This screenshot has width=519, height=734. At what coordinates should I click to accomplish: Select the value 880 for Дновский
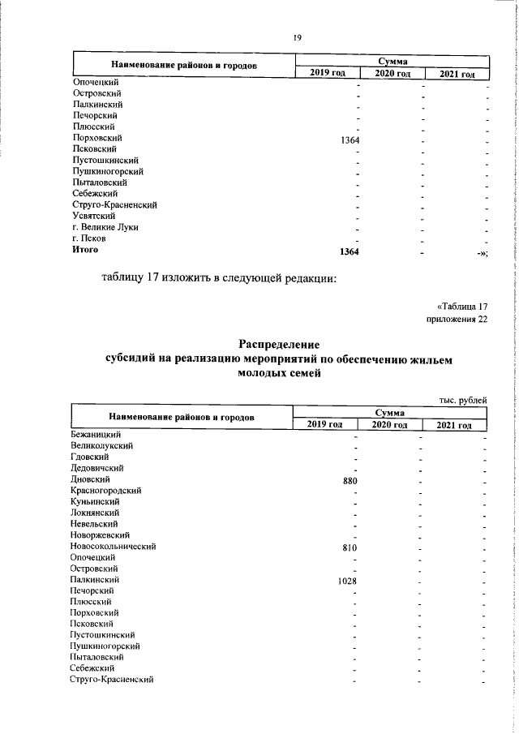tap(351, 480)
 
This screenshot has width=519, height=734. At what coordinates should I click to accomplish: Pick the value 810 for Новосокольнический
tap(351, 547)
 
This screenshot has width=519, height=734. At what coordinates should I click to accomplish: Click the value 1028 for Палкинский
tap(350, 581)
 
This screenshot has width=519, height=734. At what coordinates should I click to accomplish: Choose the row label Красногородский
tap(107, 491)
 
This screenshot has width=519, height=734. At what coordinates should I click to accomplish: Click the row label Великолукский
tap(101, 446)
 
